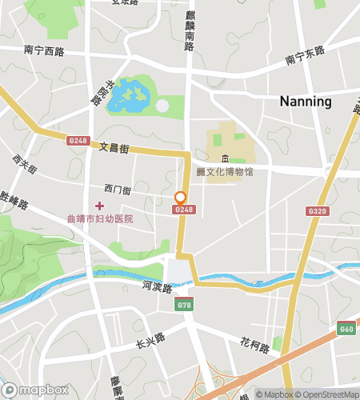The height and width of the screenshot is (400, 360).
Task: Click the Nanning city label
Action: point(306,102)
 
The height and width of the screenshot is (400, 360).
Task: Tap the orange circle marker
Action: point(181,197)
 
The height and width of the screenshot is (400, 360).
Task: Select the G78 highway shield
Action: point(186,305)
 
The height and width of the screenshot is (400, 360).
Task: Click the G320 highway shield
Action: point(315,211)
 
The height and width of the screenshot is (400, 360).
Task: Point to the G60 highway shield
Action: point(346,328)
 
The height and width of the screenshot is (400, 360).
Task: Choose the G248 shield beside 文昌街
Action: point(78,141)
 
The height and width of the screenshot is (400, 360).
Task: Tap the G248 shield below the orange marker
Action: point(184,210)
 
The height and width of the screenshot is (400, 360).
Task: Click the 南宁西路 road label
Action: point(43,50)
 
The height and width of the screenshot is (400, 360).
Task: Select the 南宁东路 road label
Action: point(305,55)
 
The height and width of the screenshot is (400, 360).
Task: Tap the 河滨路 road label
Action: point(157,286)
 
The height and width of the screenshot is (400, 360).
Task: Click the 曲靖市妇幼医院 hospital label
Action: point(99,218)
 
